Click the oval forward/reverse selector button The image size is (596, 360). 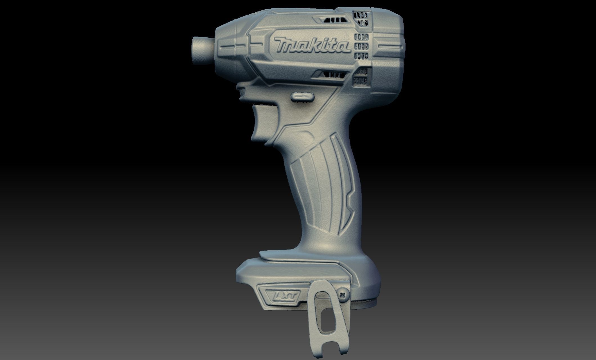click(x=302, y=97)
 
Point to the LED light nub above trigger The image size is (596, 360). click(x=242, y=92)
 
